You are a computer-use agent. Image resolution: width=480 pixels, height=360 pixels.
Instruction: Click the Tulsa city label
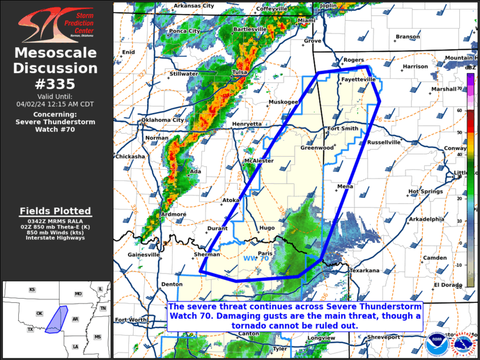pos(240,72)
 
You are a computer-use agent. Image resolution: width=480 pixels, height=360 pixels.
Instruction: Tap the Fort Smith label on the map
pos(342,128)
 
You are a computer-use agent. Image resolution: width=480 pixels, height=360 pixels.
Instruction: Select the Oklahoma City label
pos(162,120)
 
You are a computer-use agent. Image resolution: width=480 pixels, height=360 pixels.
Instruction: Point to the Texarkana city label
pos(364,270)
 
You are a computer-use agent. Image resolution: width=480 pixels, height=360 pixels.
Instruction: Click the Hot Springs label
pos(426,191)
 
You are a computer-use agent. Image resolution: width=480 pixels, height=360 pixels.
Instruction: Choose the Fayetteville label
pos(357,79)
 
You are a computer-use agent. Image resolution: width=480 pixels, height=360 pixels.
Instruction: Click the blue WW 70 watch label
pos(256,258)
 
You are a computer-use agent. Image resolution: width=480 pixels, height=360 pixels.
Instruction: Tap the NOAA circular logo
pos(437,343)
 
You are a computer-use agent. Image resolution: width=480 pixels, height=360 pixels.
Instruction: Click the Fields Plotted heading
pos(55,211)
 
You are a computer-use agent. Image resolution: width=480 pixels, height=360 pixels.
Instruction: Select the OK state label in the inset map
pos(39,313)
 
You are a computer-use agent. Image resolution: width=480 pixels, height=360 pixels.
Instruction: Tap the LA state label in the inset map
pos(75,346)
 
